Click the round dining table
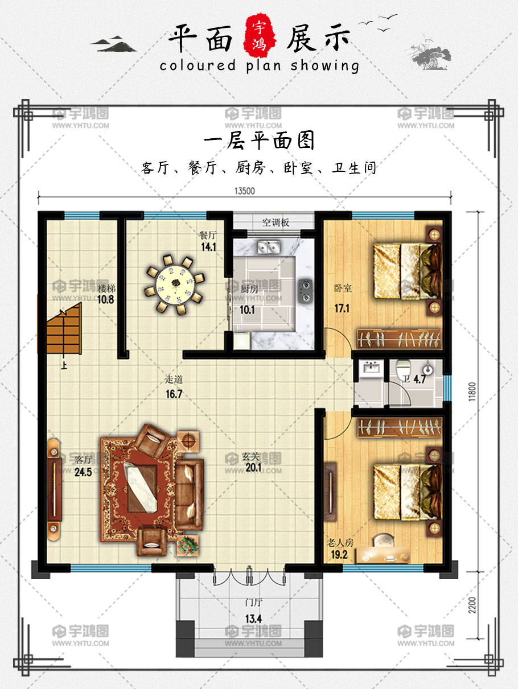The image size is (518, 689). [175, 283]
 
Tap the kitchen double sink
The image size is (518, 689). [269, 247]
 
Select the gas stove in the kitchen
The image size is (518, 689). [305, 291]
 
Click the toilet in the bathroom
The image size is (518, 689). [404, 369]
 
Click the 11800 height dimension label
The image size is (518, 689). [472, 391]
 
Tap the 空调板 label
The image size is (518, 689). [276, 222]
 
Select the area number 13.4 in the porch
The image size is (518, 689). [253, 619]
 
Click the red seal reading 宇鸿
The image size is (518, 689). [260, 36]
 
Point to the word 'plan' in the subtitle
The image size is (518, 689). [264, 66]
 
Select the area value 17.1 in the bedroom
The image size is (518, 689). [342, 308]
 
